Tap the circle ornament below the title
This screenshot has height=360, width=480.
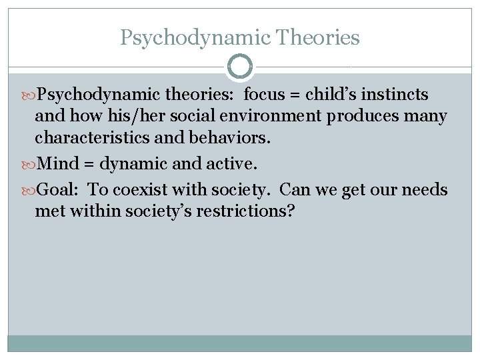click(240, 67)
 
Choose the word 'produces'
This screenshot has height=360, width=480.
click(360, 117)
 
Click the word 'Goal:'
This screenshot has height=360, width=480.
click(59, 190)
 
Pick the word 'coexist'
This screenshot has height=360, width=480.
click(144, 190)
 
